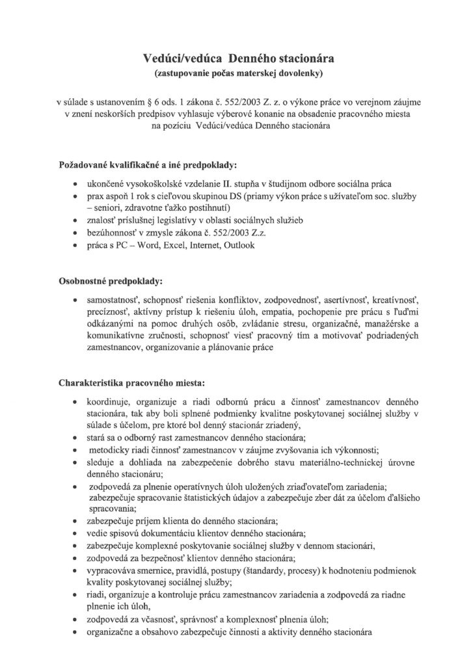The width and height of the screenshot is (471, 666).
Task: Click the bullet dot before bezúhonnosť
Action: coord(78,233)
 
